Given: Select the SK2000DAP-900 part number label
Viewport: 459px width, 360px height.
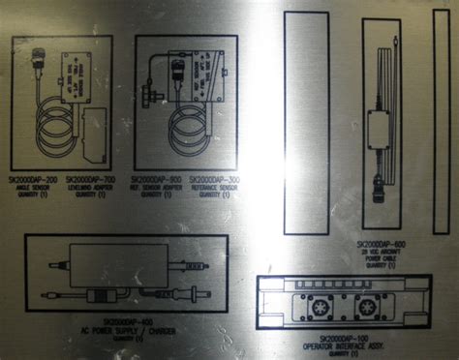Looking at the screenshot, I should [156, 181].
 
